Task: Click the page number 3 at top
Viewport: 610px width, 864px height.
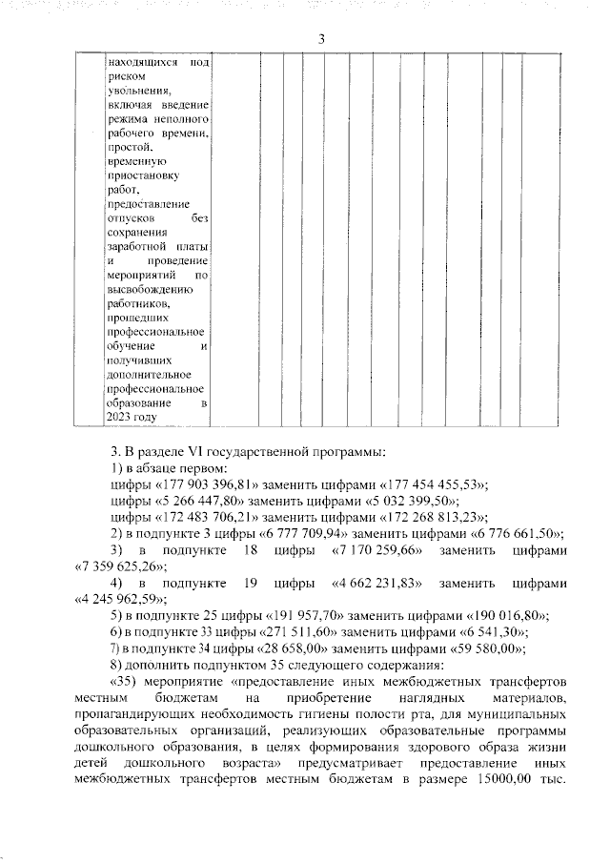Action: (x=321, y=38)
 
